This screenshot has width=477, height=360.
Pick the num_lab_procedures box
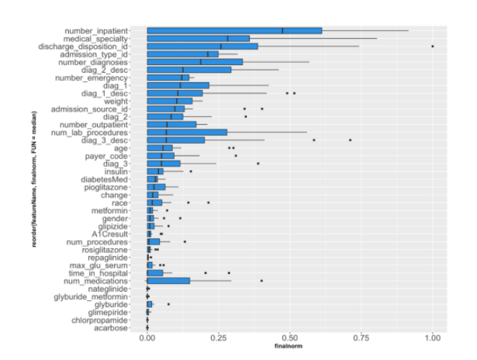pyautogui.click(x=187, y=132)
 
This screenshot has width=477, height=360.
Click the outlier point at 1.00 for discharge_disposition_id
pyautogui.click(x=433, y=47)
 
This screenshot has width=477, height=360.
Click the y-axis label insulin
pyautogui.click(x=114, y=171)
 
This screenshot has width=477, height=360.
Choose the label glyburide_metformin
pyautogui.click(x=92, y=296)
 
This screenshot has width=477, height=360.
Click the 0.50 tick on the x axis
pyautogui.click(x=290, y=339)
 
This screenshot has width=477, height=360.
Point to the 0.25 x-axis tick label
pyautogui.click(x=219, y=339)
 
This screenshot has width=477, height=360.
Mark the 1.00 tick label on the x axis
pyautogui.click(x=433, y=339)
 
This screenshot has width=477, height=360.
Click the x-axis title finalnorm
pyautogui.click(x=290, y=347)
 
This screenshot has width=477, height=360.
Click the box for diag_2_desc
pyautogui.click(x=189, y=70)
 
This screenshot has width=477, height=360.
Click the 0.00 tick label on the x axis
pyautogui.click(x=147, y=339)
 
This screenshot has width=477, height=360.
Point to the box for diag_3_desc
pyautogui.click(x=176, y=140)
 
